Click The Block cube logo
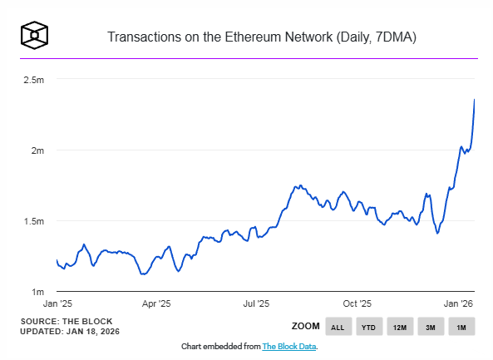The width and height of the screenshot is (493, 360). [34, 35]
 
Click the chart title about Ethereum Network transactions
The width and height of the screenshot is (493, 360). [262, 37]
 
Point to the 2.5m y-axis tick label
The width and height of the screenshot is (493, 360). [33, 80]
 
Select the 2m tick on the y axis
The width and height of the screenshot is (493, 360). [37, 150]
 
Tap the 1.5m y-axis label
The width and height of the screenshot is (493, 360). [33, 221]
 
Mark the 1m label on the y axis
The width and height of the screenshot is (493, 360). [37, 292]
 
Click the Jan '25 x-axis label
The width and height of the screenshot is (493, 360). [57, 304]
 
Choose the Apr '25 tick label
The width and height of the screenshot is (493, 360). [156, 304]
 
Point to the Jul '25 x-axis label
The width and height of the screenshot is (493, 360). [256, 304]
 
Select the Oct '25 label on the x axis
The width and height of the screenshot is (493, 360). [357, 304]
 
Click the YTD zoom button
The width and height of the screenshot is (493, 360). [368, 327]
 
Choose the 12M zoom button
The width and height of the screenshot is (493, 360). [399, 327]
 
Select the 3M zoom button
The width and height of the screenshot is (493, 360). [431, 327]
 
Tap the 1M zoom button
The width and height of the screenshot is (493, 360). [461, 327]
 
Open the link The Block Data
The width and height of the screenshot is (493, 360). [288, 346]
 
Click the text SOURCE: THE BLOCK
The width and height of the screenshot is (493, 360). [66, 321]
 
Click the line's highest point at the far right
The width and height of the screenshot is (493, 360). [475, 100]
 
